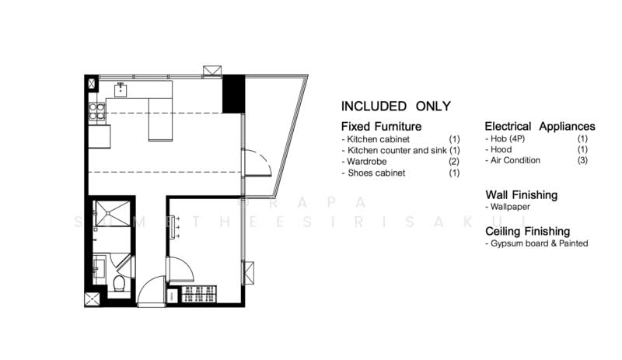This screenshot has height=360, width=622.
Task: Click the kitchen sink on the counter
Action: coord(121,89)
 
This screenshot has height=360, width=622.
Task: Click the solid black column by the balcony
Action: coord(233,95)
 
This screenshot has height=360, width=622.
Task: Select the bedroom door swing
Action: coord(180,268)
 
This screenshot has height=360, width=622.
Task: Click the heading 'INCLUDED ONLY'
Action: coord(396,107)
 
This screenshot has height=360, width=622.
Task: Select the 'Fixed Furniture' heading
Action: coord(381,126)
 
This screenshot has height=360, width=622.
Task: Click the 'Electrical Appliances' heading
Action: coord(540,126)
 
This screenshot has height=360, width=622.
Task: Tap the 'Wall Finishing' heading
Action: coord(521,194)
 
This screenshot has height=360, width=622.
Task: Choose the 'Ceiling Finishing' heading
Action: coord(527,231)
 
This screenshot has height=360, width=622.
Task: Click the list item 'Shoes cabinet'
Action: coord(373,173)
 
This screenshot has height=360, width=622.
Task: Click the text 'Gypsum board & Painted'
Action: coord(536,243)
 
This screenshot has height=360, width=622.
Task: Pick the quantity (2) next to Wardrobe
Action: coord(455,162)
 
